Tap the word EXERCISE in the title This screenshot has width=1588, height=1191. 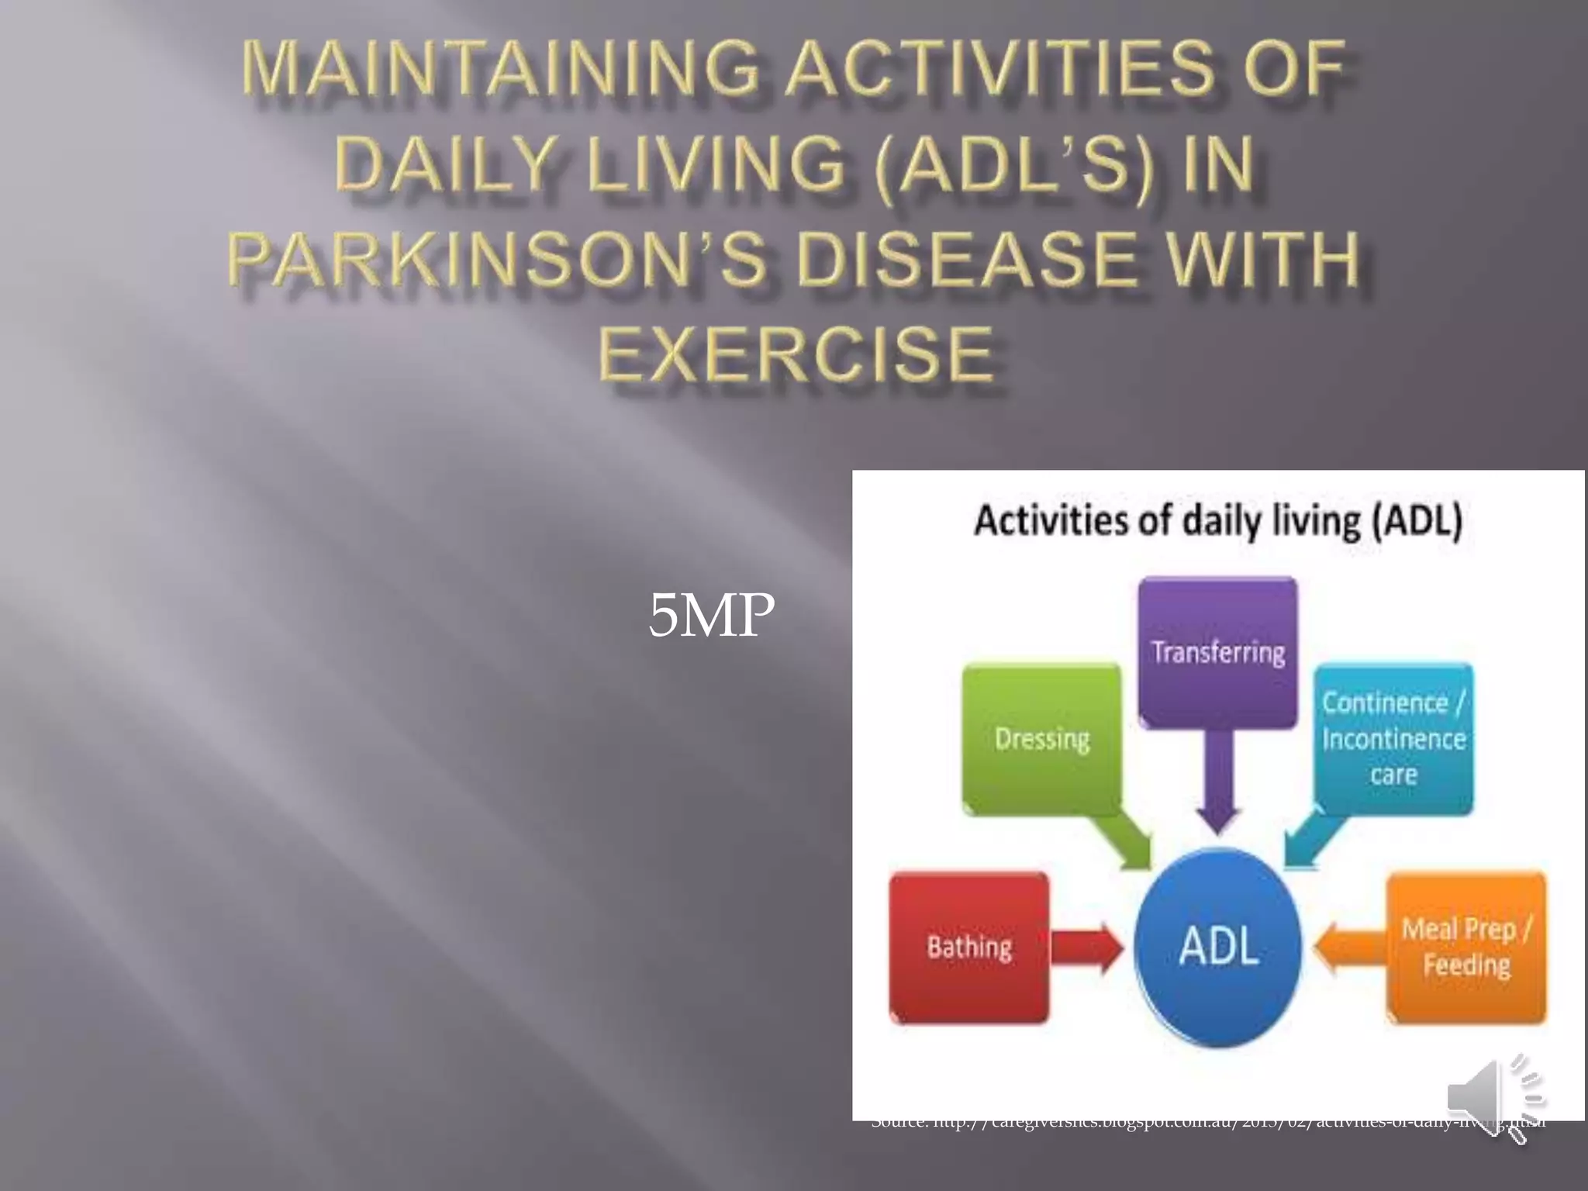[796, 355]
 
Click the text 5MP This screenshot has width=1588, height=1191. [711, 615]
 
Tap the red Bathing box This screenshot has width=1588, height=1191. [968, 947]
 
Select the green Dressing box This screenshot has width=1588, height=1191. [1041, 738]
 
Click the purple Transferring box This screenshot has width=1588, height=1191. [1217, 652]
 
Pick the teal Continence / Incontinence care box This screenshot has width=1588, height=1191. [1393, 738]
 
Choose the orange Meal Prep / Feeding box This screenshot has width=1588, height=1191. [1465, 947]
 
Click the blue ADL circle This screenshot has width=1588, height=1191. [1217, 947]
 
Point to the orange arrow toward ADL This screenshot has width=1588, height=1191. [1349, 948]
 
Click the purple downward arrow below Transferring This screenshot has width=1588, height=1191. [1217, 783]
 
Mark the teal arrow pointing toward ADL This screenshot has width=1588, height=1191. [1310, 841]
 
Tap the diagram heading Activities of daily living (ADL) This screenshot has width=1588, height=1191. [1217, 520]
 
